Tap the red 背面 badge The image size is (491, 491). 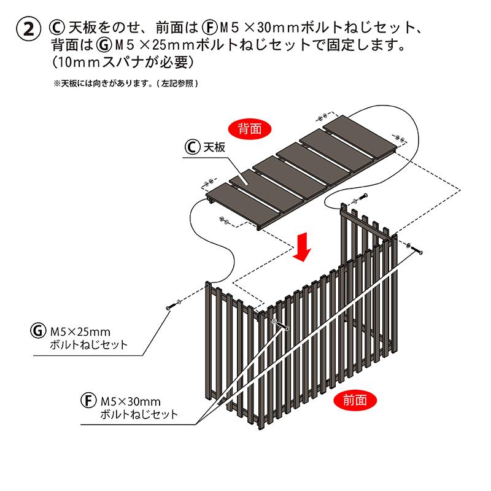[x=250, y=129]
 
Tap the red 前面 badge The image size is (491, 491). [x=356, y=400]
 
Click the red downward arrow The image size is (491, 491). [x=303, y=247]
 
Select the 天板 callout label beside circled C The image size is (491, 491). [x=215, y=148]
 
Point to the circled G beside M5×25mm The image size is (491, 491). [x=37, y=331]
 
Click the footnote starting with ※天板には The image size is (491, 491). [x=126, y=83]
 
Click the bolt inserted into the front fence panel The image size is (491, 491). [x=279, y=323]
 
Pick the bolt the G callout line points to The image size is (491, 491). [x=172, y=304]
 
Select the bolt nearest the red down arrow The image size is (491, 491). [x=358, y=200]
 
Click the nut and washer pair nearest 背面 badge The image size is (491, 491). [x=322, y=115]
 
